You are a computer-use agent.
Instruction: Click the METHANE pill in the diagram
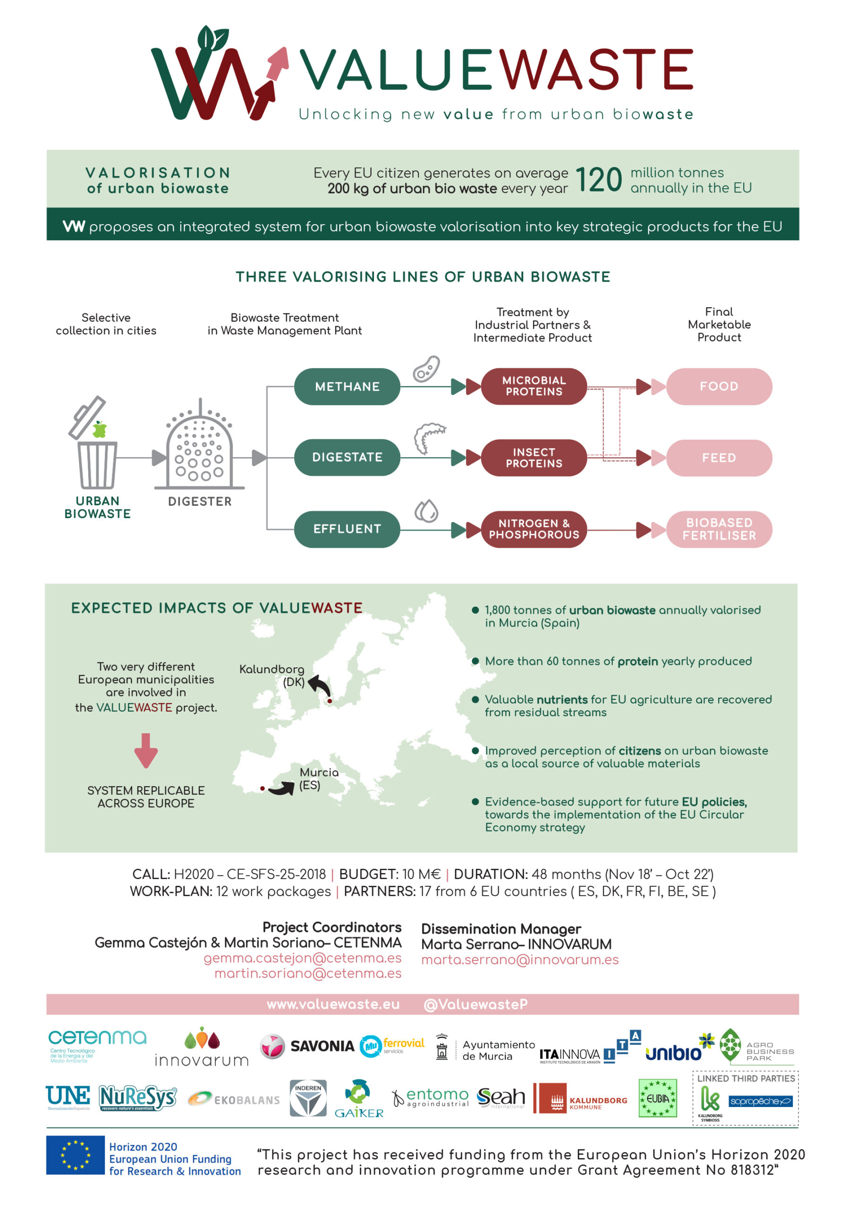[347, 387]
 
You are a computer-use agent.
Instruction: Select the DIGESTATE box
[347, 457]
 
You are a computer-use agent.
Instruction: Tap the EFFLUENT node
[347, 529]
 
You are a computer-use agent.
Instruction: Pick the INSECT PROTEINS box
[533, 458]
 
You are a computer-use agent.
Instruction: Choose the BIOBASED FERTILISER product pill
[719, 529]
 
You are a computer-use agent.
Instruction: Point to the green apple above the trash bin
[99, 430]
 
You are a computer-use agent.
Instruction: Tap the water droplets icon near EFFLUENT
[426, 511]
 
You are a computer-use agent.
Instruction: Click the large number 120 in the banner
[598, 180]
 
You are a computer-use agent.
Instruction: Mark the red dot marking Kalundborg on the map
[330, 701]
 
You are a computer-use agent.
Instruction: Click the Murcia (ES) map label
[319, 778]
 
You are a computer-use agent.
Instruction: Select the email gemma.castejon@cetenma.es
[302, 957]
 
